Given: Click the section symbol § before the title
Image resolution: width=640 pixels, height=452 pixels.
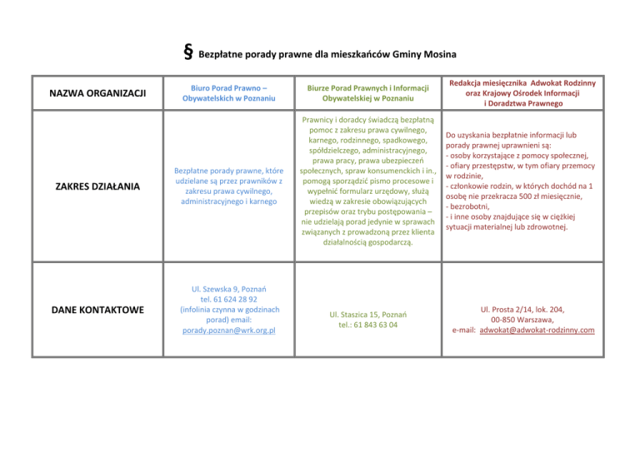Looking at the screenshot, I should pos(187,54).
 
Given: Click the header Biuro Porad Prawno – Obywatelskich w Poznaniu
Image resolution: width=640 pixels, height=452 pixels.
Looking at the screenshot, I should pos(227,92).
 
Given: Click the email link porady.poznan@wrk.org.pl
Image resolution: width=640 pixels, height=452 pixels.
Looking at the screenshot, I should pos(228,330).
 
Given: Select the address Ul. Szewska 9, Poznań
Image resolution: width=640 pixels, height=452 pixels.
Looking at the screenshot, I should pos(227,288).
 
